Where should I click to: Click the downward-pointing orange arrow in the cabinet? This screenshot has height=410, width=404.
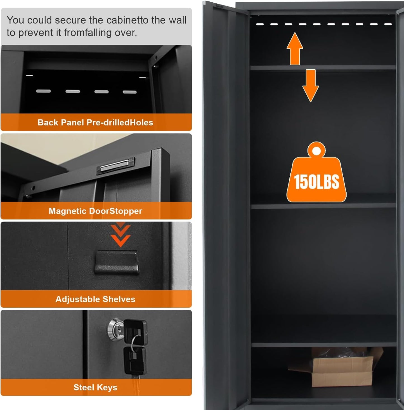click(310, 85)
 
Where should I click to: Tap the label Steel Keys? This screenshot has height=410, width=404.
click(95, 387)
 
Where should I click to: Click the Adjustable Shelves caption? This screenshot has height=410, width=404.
click(95, 299)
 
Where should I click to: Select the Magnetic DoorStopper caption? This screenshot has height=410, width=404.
click(95, 211)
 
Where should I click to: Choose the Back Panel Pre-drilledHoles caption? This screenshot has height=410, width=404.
click(95, 122)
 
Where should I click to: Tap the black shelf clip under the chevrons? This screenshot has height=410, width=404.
click(117, 262)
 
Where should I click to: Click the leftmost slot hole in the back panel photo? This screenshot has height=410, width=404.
click(43, 91)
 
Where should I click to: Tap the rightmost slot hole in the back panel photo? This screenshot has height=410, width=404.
click(130, 92)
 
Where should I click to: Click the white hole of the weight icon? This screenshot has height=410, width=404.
click(316, 151)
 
